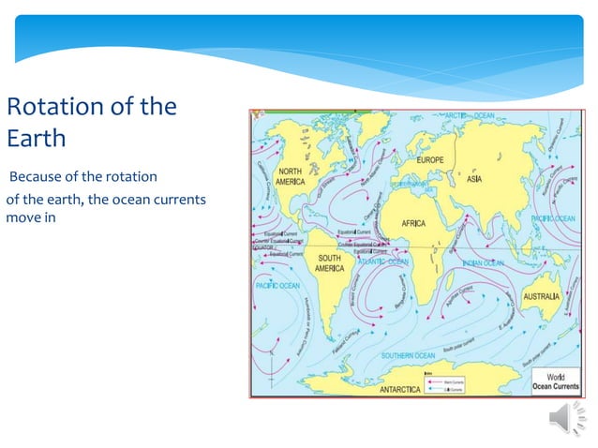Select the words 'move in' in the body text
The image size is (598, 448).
tap(32, 217)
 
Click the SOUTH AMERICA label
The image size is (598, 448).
tap(329, 263)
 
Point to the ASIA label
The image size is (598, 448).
tap(480, 178)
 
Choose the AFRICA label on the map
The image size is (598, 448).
tap(413, 224)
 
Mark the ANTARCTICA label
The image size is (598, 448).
tap(400, 388)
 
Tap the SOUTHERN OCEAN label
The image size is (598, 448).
tap(409, 356)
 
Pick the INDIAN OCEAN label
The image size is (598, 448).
tap(484, 263)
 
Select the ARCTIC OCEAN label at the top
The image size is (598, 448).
tap(469, 115)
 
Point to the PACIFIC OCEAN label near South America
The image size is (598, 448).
tap(277, 285)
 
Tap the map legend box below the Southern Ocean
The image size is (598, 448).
tap(450, 383)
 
